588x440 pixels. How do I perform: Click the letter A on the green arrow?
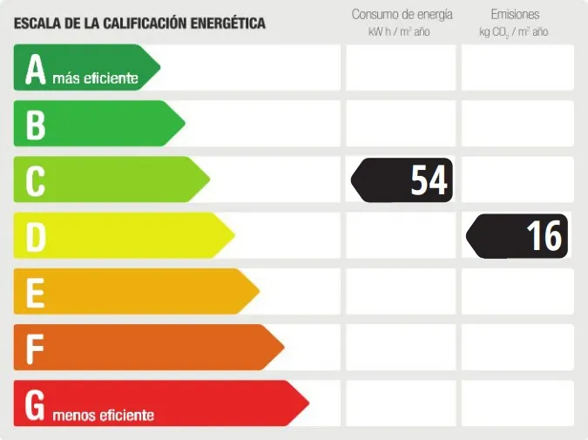click(35, 70)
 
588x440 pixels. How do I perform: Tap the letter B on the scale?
click(35, 125)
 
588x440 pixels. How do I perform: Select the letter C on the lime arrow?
click(35, 181)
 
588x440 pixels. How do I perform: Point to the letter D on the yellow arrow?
click(35, 237)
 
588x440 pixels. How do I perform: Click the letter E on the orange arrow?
click(35, 293)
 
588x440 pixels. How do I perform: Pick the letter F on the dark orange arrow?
click(35, 349)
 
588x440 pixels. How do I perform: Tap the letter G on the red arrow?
click(35, 404)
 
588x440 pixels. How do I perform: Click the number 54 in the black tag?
click(429, 180)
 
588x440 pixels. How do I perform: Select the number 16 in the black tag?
click(544, 236)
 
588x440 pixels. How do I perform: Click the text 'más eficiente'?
click(95, 79)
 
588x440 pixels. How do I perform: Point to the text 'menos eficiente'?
click(103, 416)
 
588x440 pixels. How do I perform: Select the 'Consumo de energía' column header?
click(402, 15)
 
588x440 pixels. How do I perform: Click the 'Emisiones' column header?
click(515, 15)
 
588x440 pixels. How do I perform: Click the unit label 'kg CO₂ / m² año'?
click(514, 32)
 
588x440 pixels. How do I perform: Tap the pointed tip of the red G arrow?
click(308, 403)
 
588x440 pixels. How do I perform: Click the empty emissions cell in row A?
click(517, 68)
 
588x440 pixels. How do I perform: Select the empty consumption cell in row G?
click(401, 403)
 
